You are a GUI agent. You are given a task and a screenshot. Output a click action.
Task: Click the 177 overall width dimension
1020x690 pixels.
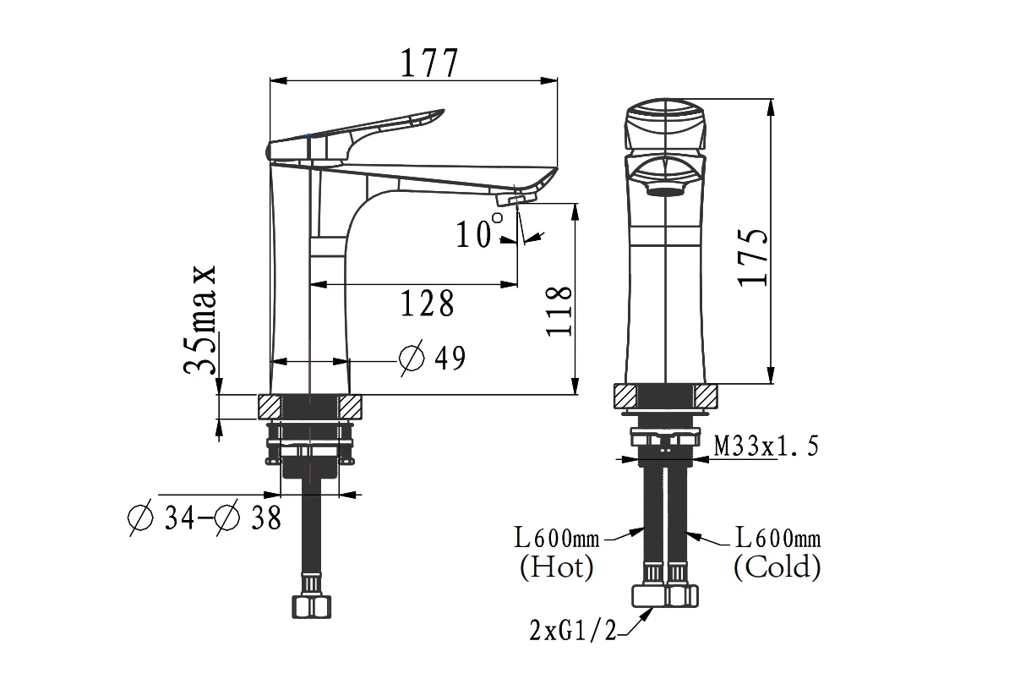tap(429, 63)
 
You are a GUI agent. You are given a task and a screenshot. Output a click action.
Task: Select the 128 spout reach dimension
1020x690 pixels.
tap(427, 303)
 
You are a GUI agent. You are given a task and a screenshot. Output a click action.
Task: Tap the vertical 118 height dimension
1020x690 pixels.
tap(559, 312)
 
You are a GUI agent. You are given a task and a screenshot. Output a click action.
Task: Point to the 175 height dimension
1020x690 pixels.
tap(752, 258)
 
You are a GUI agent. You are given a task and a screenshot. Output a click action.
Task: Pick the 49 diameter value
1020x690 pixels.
tap(450, 359)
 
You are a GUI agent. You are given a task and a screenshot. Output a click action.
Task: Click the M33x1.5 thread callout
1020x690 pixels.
tap(766, 446)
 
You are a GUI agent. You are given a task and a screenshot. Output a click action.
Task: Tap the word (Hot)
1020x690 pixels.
tap(556, 567)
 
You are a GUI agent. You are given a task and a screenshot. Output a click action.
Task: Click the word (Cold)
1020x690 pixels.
tap(777, 567)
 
